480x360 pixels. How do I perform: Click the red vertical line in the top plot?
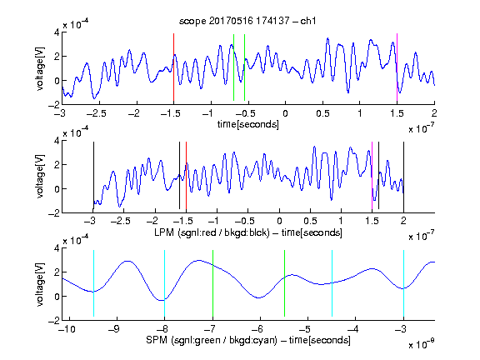coord(173,67)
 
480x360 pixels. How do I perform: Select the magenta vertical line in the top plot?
coord(397,67)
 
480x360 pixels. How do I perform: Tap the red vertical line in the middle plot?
coord(186,175)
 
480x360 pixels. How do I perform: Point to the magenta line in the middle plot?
coord(372,175)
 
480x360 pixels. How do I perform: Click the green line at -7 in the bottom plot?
coord(212,283)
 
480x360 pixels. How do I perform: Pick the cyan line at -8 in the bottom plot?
coord(165,283)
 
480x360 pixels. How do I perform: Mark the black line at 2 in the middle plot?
coord(403,175)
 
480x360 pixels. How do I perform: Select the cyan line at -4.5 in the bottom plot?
coord(332,283)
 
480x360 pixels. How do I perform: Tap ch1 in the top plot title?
coord(308,21)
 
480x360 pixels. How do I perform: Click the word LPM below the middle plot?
coord(164,232)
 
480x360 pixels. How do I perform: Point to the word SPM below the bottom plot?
coord(157,340)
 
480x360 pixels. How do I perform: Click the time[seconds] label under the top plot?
coord(248,124)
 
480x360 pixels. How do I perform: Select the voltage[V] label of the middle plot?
coord(40,177)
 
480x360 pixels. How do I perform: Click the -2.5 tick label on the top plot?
coord(96,113)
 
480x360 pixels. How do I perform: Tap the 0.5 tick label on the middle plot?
coord(310,221)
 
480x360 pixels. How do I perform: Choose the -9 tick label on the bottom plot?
coord(113,329)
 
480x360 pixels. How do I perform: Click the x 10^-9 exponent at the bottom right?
coord(422,344)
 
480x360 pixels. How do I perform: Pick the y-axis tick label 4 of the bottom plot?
coord(57,248)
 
